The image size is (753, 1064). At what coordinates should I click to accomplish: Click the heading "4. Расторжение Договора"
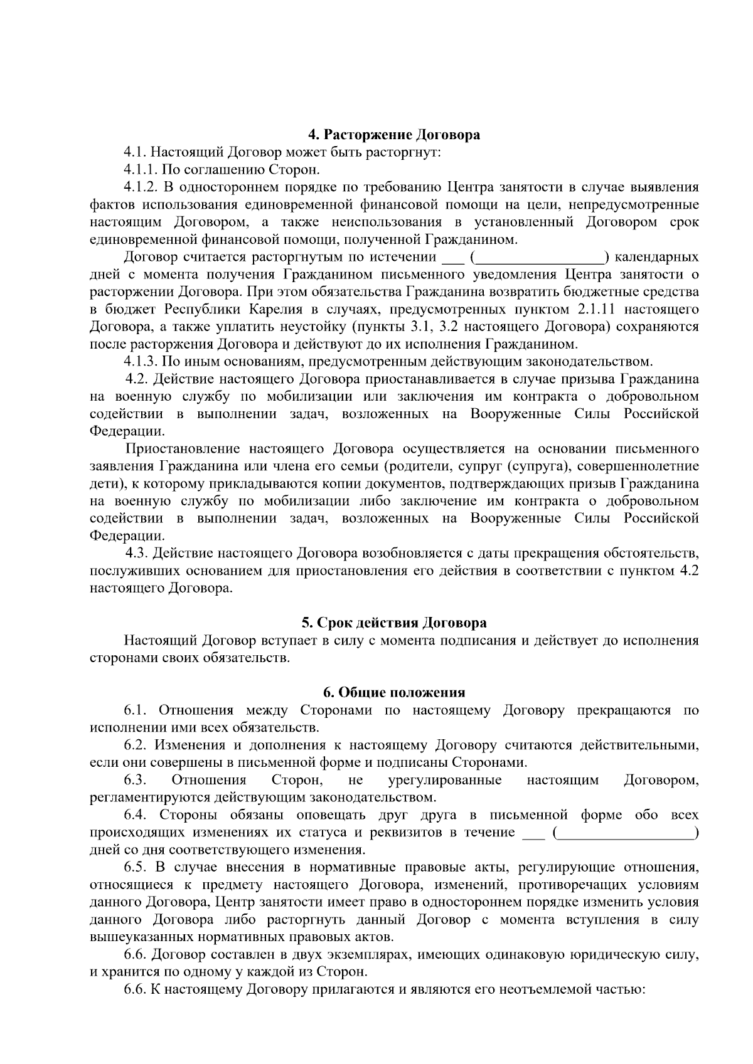click(x=394, y=135)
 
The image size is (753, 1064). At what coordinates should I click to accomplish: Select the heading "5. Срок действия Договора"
click(x=394, y=623)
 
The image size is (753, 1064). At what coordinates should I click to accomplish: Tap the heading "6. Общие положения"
click(x=394, y=693)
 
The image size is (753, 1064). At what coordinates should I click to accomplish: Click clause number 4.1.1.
click(x=141, y=169)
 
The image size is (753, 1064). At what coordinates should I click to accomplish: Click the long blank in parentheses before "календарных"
click(x=539, y=257)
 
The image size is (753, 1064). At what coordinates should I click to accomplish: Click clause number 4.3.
click(x=136, y=554)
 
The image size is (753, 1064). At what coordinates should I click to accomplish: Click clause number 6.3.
click(x=135, y=781)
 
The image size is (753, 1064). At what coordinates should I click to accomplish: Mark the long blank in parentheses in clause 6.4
click(x=627, y=833)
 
